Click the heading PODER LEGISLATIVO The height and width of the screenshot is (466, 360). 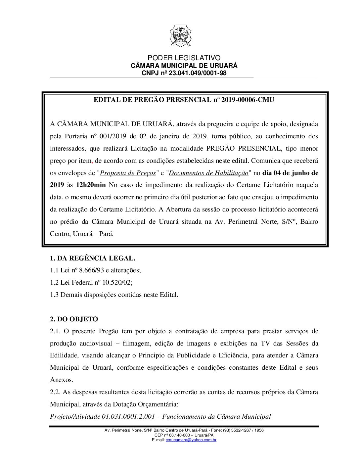pyautogui.click(x=184, y=58)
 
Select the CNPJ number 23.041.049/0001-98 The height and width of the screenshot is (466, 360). pyautogui.click(x=198, y=73)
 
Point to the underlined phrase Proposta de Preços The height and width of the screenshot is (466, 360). pyautogui.click(x=128, y=173)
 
